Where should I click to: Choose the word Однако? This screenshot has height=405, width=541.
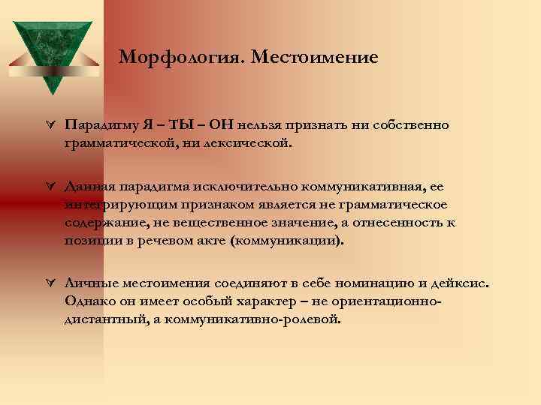click(88, 301)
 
